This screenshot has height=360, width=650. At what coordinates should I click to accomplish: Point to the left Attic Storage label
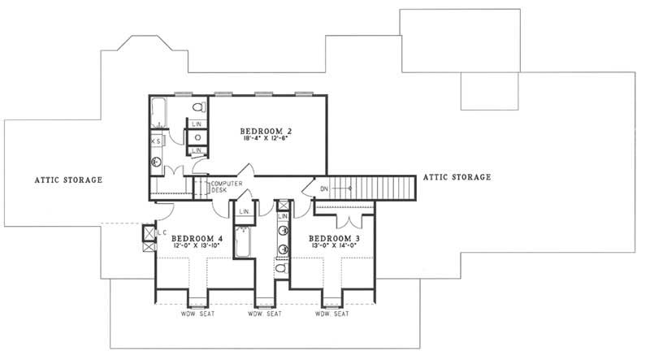(68, 180)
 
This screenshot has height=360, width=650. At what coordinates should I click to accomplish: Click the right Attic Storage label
(457, 177)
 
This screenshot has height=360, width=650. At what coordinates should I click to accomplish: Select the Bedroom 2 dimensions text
(266, 139)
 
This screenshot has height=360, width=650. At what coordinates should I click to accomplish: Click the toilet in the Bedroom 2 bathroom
(197, 108)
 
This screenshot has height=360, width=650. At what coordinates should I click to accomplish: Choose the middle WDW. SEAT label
(263, 314)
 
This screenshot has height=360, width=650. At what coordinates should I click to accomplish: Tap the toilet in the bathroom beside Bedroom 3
(280, 267)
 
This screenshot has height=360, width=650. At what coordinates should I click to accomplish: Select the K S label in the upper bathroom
(155, 141)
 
